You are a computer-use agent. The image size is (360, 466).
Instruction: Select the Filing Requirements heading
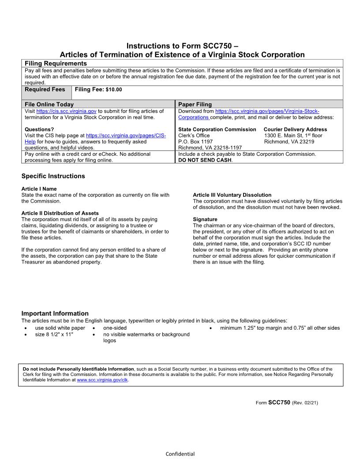pyautogui.click(x=56, y=64)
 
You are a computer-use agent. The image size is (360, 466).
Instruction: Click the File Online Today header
pyautogui.click(x=49, y=104)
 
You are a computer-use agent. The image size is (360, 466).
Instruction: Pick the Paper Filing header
pyautogui.click(x=195, y=104)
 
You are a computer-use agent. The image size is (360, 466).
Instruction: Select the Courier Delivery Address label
pyautogui.click(x=295, y=129)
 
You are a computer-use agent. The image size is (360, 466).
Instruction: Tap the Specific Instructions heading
pyautogui.click(x=53, y=176)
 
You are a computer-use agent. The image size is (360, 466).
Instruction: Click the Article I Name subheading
pyautogui.click(x=39, y=189)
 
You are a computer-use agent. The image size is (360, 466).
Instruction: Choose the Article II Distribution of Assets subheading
pyautogui.click(x=60, y=213)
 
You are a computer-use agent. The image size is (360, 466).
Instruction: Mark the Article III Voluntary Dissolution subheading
pyautogui.click(x=232, y=195)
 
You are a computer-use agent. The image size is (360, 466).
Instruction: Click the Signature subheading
pyautogui.click(x=205, y=219)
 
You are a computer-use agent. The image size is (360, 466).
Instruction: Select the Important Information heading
pyautogui.click(x=55, y=313)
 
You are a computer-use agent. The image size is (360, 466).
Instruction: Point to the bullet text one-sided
pyautogui.click(x=115, y=328)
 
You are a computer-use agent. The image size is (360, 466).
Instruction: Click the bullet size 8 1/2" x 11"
pyautogui.click(x=54, y=334)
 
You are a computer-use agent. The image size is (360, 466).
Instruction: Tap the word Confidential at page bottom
pyautogui.click(x=180, y=454)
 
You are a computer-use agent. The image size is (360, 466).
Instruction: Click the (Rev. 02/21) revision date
pyautogui.click(x=305, y=403)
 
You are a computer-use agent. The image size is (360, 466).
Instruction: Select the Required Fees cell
pyautogui.click(x=45, y=90)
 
